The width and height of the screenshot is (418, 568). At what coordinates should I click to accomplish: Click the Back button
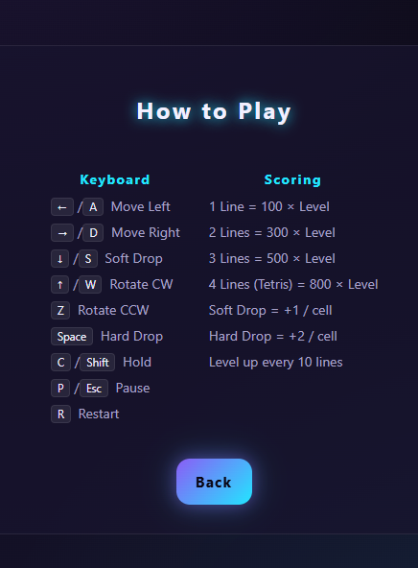point(214,482)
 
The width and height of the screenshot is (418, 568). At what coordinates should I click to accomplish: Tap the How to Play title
point(214,111)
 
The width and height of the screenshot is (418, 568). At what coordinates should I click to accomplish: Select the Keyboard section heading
point(115,179)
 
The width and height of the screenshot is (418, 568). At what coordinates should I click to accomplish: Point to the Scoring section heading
point(292,179)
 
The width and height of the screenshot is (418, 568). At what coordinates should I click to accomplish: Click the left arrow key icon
point(62,207)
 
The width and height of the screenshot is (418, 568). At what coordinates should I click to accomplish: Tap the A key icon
point(93,207)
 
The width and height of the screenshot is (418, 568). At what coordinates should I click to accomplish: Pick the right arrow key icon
point(62,233)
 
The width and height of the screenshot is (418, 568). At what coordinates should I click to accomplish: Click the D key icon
point(93,233)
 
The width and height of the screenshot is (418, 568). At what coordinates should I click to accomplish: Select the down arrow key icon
point(60,259)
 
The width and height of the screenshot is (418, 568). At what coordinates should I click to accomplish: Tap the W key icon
point(90,285)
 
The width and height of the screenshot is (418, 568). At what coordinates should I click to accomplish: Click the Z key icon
point(60,311)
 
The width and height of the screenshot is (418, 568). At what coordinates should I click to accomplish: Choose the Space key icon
point(72,337)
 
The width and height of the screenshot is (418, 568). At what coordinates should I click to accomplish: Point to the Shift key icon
point(98,363)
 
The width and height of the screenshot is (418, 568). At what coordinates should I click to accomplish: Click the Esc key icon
point(94,389)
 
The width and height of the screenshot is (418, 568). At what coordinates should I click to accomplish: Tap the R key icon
point(60,414)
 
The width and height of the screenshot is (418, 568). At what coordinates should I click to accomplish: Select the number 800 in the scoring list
point(320,284)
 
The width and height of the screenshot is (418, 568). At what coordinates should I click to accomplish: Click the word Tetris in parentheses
point(273,284)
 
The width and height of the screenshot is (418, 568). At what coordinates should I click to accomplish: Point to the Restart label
point(99,414)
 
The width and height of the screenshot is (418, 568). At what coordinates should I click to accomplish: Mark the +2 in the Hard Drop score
point(297,336)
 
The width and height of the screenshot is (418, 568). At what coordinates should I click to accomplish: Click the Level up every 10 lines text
point(276,363)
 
